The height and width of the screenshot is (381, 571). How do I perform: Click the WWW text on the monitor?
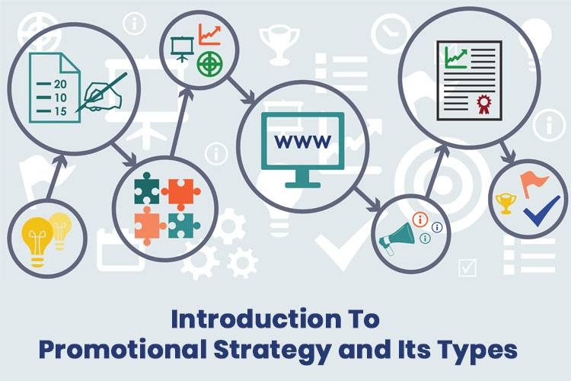pos(302,141)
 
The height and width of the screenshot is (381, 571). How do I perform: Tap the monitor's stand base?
pos(302,183)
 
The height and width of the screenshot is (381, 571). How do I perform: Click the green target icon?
pos(208,63)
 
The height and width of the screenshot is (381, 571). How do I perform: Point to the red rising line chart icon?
pos(209,34)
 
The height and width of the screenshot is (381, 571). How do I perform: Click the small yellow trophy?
pos(506,203)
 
